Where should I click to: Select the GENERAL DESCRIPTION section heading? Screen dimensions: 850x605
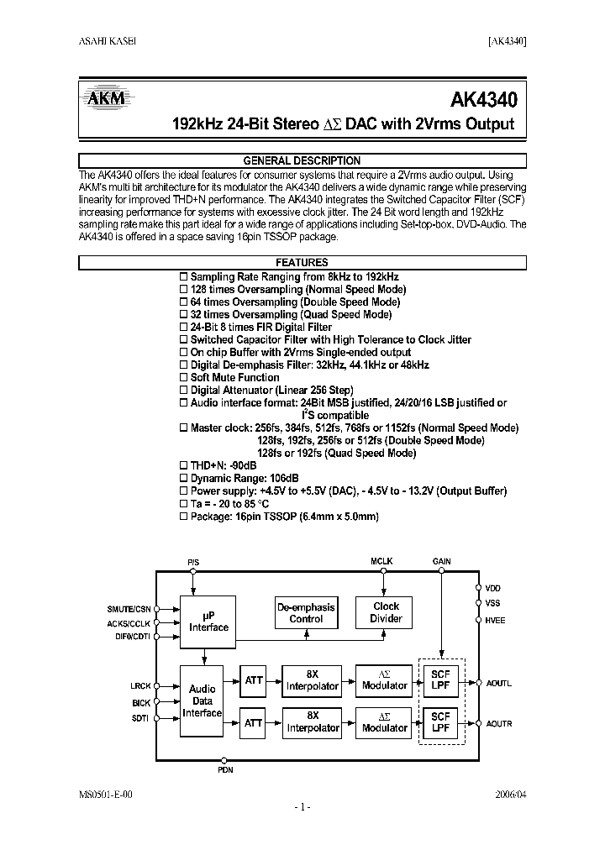302,160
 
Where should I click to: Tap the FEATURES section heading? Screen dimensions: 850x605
302,263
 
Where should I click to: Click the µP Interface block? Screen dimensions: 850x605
208,622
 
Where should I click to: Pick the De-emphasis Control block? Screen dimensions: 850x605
306,612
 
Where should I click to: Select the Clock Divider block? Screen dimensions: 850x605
387,612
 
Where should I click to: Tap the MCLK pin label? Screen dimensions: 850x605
382,560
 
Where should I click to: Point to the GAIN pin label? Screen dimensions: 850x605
442,560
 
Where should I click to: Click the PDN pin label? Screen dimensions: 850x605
225,769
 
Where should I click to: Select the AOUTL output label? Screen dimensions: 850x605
498,684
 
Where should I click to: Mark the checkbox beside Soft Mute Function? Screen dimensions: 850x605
185,378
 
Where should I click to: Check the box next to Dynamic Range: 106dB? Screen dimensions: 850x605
185,479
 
